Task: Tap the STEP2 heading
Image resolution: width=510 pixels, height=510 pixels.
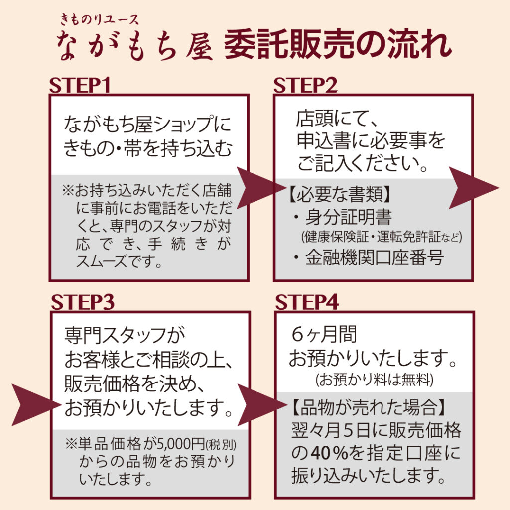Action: [x=305, y=86]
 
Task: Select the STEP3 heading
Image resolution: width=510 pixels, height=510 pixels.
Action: [x=83, y=302]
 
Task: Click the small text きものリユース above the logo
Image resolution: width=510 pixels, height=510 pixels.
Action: [x=99, y=19]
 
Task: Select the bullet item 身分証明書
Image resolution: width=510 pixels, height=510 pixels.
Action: [x=349, y=217]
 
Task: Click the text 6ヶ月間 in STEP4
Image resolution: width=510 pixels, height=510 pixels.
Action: [x=324, y=335]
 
